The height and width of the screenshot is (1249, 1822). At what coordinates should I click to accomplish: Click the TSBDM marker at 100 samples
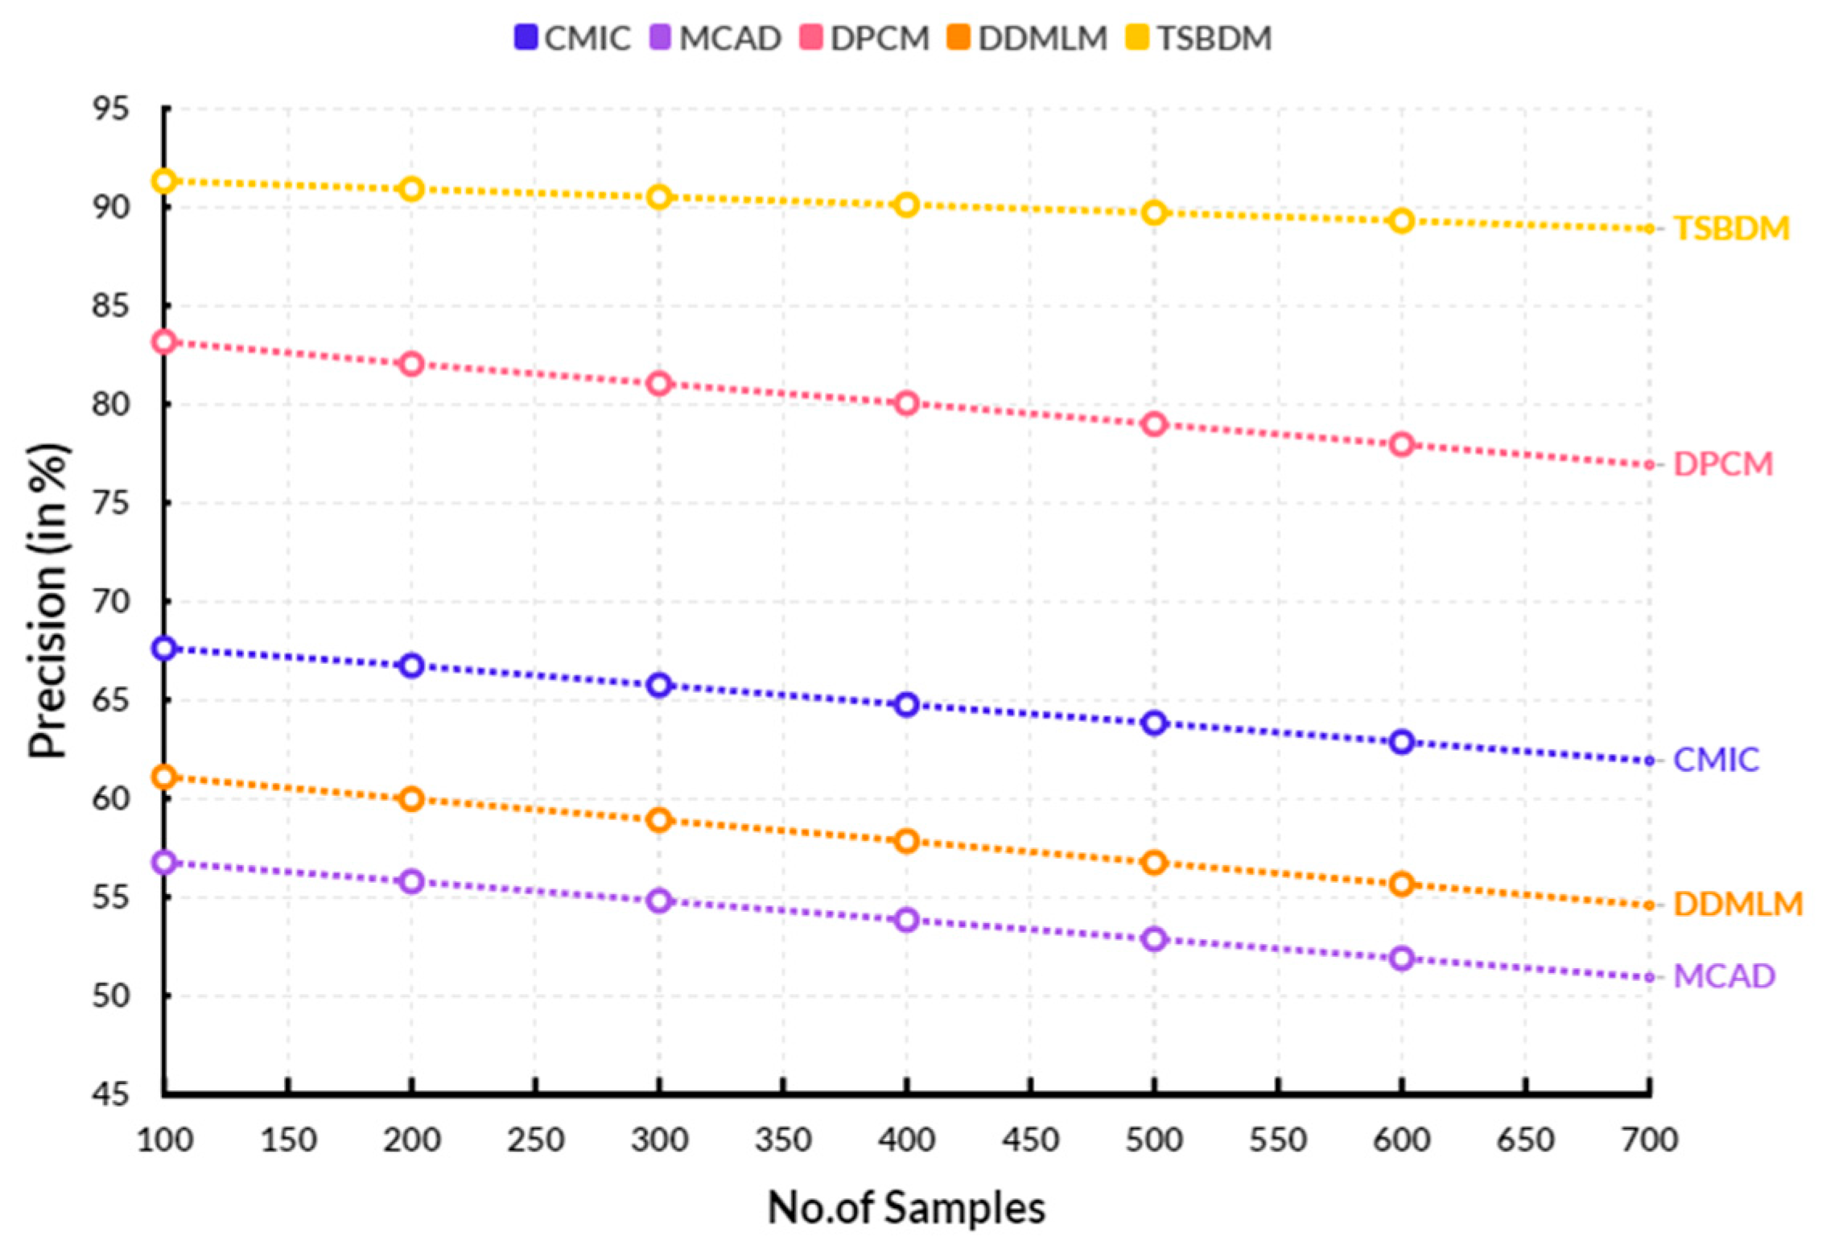(164, 181)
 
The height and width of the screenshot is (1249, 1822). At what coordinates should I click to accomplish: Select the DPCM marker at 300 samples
(659, 384)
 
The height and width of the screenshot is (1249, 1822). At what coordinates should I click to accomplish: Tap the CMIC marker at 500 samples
(1154, 723)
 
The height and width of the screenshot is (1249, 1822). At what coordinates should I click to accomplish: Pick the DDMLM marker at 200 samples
(411, 800)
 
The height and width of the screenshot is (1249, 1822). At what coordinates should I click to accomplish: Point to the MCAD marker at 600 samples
(1401, 958)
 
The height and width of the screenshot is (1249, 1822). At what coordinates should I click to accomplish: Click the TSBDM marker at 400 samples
(907, 205)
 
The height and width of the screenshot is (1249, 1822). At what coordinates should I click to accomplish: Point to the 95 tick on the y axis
(110, 109)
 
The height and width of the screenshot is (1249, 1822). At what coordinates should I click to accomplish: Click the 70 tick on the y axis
(110, 601)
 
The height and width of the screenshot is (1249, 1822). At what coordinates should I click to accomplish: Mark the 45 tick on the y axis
(110, 1094)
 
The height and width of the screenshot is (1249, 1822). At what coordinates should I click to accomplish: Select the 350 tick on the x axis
(783, 1140)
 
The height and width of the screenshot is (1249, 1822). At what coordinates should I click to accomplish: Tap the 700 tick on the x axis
(1649, 1140)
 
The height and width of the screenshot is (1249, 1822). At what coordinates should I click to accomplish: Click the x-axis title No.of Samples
(906, 1208)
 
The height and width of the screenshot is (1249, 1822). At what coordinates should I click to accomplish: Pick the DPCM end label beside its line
(1723, 464)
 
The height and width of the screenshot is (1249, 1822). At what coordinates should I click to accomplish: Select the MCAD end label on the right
(1724, 976)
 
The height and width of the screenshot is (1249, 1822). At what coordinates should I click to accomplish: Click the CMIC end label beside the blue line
(1716, 760)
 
